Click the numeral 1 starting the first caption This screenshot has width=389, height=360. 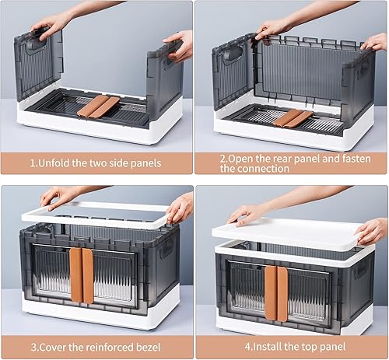pos(33,164)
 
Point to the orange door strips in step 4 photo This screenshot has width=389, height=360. pos(276,292)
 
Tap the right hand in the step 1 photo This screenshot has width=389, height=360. pos(180,45)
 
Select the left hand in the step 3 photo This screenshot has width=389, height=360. pos(56,197)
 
